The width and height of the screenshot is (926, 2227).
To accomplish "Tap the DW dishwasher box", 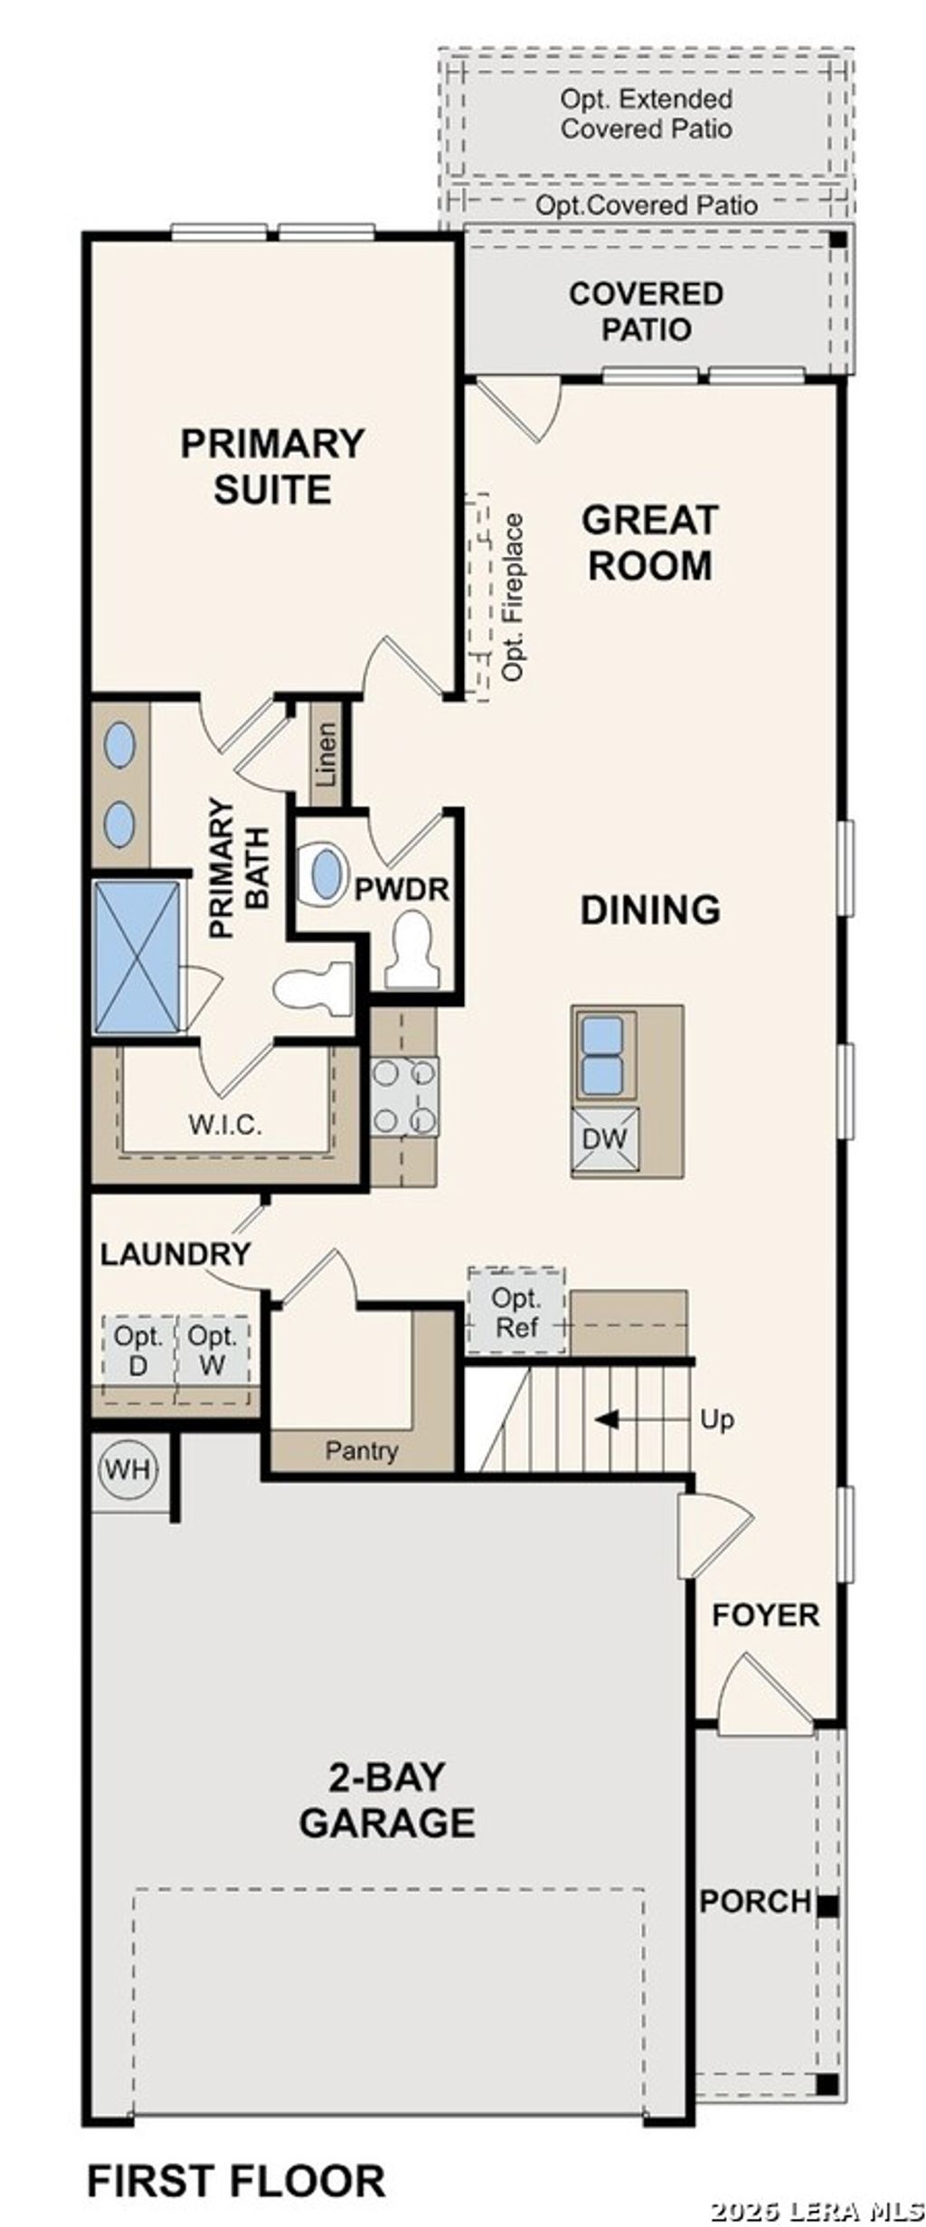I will (604, 1138).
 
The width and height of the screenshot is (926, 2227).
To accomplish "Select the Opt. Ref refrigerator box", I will (516, 1312).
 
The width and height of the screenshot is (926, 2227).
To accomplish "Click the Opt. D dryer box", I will (138, 1350).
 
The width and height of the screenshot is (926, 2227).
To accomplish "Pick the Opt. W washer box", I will (213, 1350).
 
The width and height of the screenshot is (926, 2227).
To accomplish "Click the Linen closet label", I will (326, 754).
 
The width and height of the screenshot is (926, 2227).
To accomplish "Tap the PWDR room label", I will (402, 890).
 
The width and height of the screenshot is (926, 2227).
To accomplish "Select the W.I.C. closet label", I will (225, 1125).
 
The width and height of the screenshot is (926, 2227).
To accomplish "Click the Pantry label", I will (362, 1450).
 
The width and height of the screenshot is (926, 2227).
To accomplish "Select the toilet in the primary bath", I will (313, 988).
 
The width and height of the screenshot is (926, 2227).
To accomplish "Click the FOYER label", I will (765, 1615).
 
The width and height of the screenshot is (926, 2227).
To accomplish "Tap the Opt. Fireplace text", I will (513, 597).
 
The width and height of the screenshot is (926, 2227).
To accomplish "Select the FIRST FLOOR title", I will (236, 2180).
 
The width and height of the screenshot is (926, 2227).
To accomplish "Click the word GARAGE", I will (387, 1822).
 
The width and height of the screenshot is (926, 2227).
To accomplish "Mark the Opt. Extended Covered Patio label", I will (646, 113).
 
